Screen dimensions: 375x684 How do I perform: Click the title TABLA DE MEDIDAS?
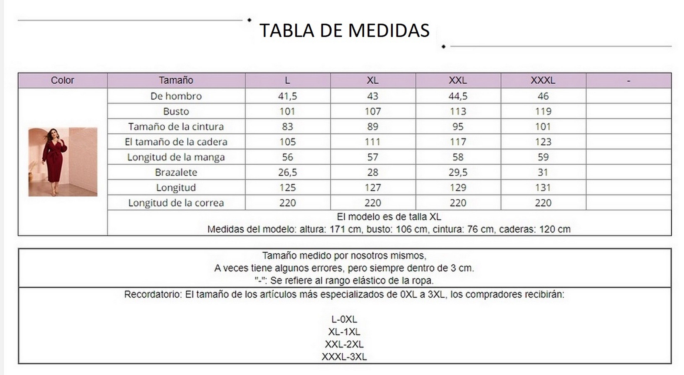pos(344,30)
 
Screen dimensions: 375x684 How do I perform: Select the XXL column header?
pos(458,80)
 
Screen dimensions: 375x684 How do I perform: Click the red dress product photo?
pos(63,162)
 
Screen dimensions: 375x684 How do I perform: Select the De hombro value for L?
pos(287,96)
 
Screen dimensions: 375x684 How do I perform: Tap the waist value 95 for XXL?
pos(458,127)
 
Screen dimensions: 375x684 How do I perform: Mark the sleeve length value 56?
pos(287,157)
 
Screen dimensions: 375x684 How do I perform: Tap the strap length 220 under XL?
pos(373,203)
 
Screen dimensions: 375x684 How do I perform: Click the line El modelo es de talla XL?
pos(389,217)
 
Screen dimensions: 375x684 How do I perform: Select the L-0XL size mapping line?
pos(344,319)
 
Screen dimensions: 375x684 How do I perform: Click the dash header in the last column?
pos(628,80)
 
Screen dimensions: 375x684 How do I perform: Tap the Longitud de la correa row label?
pos(176,203)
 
